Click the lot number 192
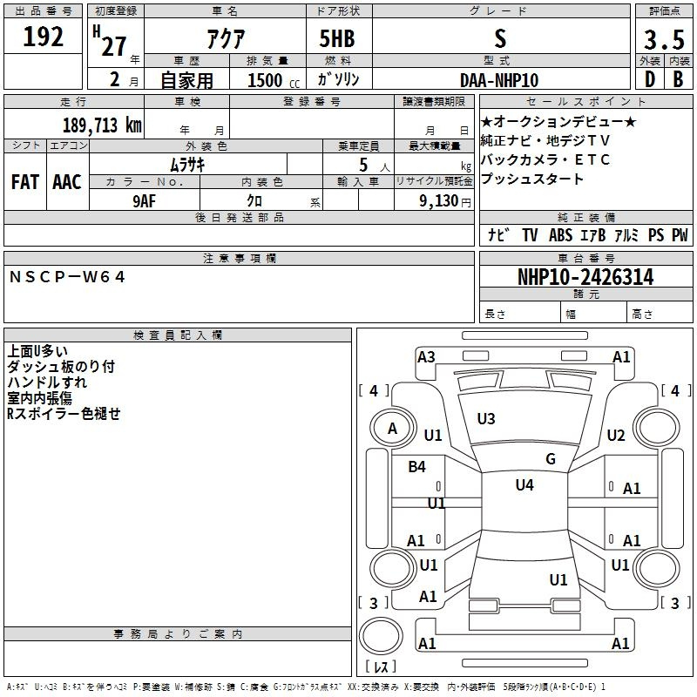[43, 37]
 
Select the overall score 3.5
[664, 39]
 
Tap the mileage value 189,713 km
[102, 125]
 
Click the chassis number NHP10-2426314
[585, 277]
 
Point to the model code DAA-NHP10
[499, 80]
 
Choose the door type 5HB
[337, 38]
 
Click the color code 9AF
[144, 201]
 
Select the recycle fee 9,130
[439, 201]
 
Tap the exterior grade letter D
[650, 79]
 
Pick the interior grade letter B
[678, 79]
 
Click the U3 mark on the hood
[486, 419]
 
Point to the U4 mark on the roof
[524, 485]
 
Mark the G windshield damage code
[551, 458]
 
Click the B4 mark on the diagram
[417, 467]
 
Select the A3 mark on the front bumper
[426, 357]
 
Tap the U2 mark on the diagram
[616, 436]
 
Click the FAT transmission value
[25, 182]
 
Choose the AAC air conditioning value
[67, 182]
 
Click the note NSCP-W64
[67, 277]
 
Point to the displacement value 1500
[265, 80]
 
